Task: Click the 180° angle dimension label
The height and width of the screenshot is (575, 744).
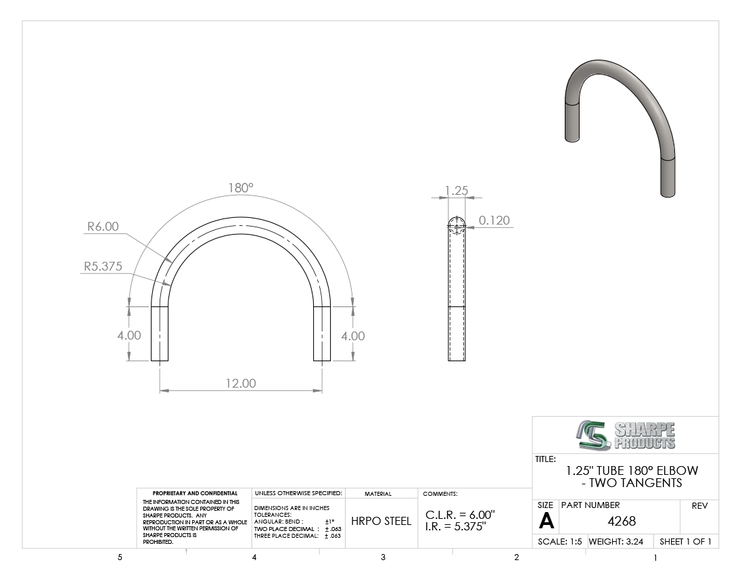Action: tap(241, 188)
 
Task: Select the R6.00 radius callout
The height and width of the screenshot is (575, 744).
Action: tap(103, 227)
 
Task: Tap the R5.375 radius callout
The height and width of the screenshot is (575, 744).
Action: tap(103, 266)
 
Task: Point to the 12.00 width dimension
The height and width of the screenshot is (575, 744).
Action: tap(241, 383)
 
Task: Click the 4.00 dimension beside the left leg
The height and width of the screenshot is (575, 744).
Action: tap(129, 336)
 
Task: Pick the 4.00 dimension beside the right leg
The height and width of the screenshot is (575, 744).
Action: tap(353, 336)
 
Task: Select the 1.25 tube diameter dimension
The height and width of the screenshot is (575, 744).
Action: tap(457, 190)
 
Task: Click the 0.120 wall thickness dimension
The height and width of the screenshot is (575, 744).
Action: tap(494, 220)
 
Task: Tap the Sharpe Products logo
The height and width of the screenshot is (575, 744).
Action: tap(626, 435)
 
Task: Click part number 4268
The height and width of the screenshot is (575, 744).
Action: tap(622, 521)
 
